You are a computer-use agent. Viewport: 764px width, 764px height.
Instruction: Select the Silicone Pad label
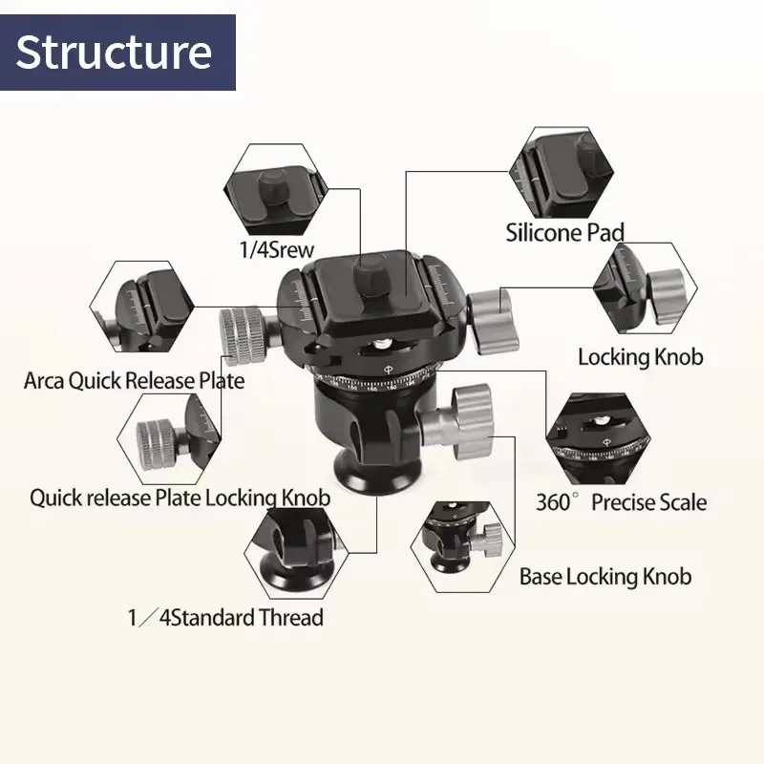(x=564, y=231)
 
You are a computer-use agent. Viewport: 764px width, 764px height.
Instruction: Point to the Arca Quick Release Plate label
(x=134, y=381)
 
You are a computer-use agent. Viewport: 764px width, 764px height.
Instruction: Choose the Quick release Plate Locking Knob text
(x=180, y=498)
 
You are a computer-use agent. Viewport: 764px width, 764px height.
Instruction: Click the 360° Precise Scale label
(x=621, y=502)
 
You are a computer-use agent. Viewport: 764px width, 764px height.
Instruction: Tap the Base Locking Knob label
(x=605, y=577)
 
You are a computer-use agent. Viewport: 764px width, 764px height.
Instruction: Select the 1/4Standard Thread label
(x=225, y=617)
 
